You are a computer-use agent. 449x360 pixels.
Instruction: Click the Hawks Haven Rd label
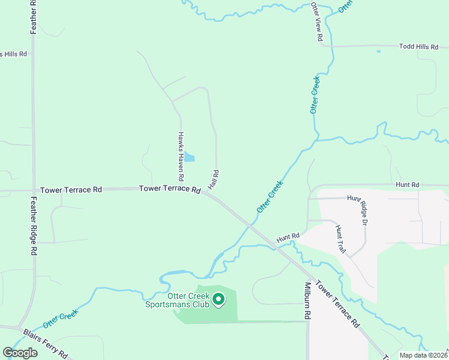[x=180, y=157]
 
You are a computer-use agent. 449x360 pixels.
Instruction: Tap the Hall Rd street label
[x=215, y=181]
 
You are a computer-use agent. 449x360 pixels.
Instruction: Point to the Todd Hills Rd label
[x=418, y=46]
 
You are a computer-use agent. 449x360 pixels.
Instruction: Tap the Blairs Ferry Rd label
[x=46, y=343]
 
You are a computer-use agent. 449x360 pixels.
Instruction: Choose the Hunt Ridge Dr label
[x=364, y=210]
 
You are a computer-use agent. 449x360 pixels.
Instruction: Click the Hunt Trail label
[x=340, y=239]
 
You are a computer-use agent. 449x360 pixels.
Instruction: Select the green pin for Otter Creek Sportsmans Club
[x=219, y=298]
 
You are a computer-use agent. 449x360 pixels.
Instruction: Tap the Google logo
[x=20, y=352]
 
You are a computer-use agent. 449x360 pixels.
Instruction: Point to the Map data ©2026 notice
[x=423, y=355]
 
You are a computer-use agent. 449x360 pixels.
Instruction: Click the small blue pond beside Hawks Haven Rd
[x=189, y=157]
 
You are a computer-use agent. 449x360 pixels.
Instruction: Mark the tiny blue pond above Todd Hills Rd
[x=378, y=51]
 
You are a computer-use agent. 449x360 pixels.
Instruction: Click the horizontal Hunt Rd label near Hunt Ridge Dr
[x=407, y=185]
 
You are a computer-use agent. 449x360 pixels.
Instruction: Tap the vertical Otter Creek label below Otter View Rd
[x=315, y=95]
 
